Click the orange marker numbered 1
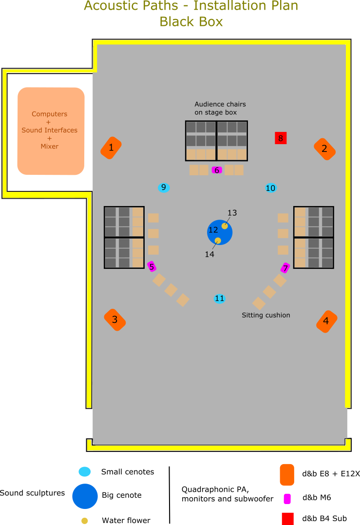[111, 148]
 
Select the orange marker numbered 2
[324, 149]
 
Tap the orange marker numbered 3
[115, 320]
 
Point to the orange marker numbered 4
[326, 321]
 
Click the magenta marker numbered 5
[152, 266]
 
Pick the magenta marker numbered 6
[217, 170]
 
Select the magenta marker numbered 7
[285, 268]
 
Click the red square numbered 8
[281, 138]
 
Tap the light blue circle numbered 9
[164, 187]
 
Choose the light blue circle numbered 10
[271, 188]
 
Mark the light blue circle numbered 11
[220, 299]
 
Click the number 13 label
[232, 213]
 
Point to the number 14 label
[209, 254]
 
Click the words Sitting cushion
[266, 315]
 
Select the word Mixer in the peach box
[50, 146]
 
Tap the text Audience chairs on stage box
[220, 108]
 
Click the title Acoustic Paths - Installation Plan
[191, 6]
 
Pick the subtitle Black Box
[191, 22]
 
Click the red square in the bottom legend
[287, 518]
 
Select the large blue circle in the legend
[85, 496]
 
